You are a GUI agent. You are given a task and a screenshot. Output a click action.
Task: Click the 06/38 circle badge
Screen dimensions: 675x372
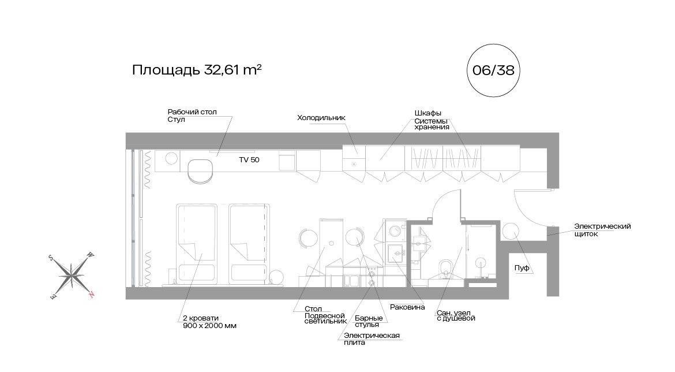tap(493, 70)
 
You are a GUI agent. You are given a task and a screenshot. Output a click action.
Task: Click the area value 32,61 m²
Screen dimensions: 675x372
tap(233, 69)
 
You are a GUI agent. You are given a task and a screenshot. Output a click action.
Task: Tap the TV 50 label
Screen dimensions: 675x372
tap(249, 160)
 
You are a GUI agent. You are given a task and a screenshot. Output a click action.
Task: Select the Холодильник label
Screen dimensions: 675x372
tap(321, 118)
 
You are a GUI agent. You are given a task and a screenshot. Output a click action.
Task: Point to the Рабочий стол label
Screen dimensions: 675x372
tap(192, 111)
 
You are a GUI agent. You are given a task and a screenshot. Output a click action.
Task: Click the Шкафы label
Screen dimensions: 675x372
tap(428, 113)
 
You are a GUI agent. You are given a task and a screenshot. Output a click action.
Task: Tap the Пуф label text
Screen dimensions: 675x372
tap(522, 268)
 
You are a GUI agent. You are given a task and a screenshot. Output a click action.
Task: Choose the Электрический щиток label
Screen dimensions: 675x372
tap(602, 230)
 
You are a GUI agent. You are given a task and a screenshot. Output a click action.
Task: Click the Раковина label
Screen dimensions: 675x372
tap(407, 307)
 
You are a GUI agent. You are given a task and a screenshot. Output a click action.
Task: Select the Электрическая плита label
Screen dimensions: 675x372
tap(372, 339)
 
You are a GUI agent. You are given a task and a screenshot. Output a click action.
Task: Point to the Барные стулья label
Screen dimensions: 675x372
tap(369, 321)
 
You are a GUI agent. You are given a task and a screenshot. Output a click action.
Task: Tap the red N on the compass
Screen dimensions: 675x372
tap(91, 295)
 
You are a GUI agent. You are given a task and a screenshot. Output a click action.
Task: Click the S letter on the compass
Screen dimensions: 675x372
tap(51, 258)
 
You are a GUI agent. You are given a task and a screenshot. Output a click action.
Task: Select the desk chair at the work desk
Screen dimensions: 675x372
tap(201, 171)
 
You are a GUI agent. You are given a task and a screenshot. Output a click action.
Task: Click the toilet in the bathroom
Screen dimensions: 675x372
tap(445, 269)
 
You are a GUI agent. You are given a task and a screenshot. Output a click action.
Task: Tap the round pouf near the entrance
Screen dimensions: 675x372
tap(511, 231)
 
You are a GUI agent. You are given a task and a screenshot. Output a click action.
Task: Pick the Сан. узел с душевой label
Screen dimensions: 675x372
tap(455, 315)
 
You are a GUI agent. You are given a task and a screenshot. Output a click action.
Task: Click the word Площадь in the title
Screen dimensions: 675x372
tap(166, 70)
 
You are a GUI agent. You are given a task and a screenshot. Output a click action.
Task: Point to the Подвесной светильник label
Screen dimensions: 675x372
tap(325, 318)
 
